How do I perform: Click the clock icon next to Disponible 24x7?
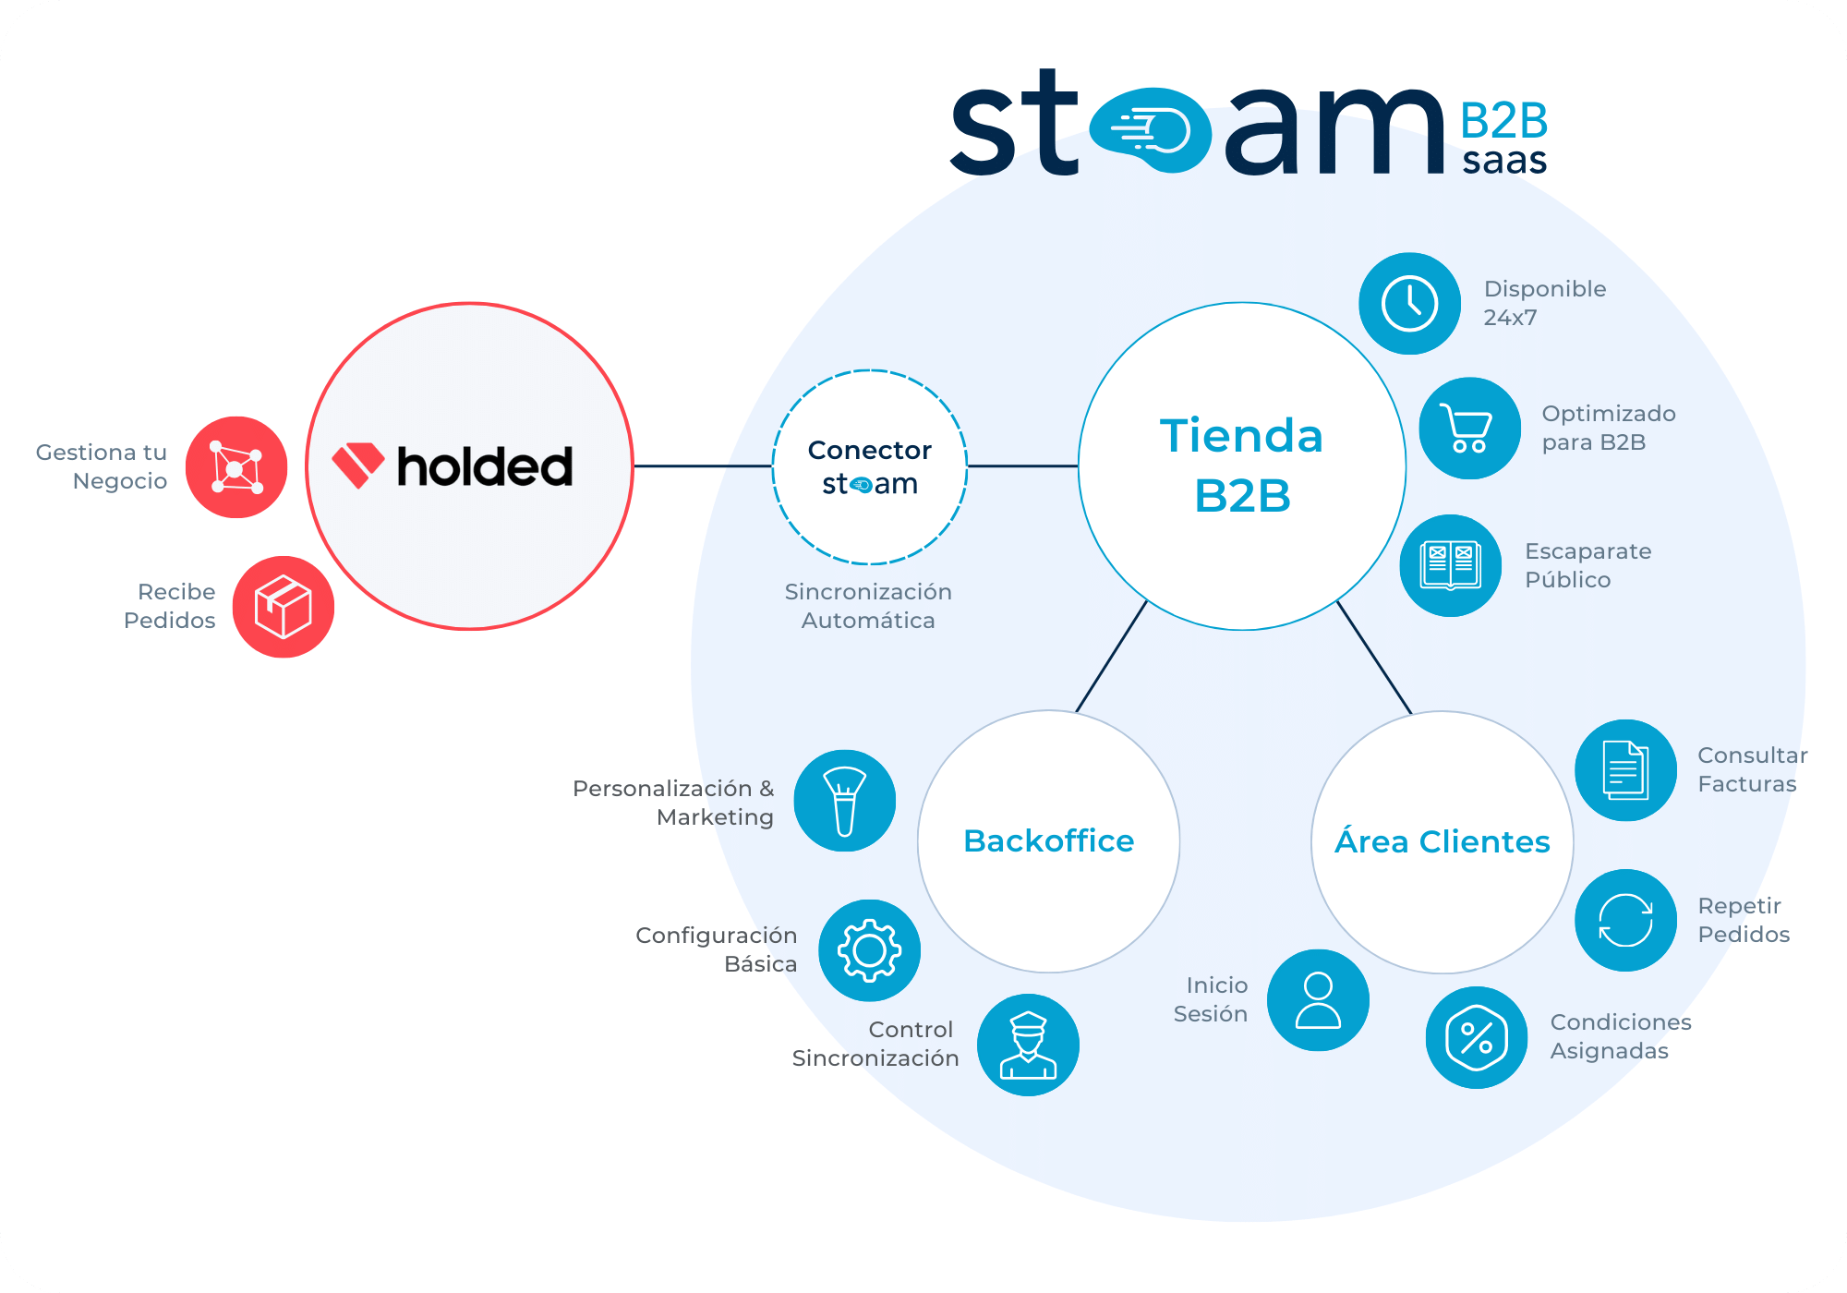coord(1409,304)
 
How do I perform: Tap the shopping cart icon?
coord(1469,429)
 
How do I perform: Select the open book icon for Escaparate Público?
coord(1451,565)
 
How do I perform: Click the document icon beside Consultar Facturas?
coord(1625,770)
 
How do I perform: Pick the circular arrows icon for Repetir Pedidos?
coord(1625,920)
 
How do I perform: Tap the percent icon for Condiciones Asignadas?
coord(1477,1037)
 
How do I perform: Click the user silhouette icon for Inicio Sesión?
coord(1318,1000)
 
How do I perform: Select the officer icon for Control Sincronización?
coord(1028,1045)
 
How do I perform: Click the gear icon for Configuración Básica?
coord(869,950)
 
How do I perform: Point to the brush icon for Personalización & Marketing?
coord(844,801)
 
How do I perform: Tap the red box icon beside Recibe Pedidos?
coord(283,607)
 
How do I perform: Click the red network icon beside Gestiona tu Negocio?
coord(236,467)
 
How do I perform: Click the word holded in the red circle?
coord(485,466)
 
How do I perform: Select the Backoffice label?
coord(1048,841)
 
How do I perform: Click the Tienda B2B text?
coord(1242,465)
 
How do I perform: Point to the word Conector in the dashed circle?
coord(870,450)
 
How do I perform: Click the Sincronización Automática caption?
coord(868,606)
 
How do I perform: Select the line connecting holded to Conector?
coord(703,466)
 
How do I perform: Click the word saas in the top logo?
coord(1504,161)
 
